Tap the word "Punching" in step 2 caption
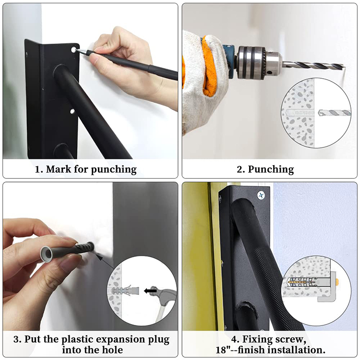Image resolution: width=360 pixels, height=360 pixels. coord(271,169)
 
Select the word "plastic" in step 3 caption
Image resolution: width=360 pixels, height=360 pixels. coord(77,340)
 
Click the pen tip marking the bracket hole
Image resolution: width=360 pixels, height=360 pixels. coord(77,50)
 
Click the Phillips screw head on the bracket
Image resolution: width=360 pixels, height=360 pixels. coord(261,195)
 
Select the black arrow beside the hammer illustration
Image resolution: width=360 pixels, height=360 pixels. coord(150,291)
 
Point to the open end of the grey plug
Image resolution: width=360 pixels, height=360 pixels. coord(48,254)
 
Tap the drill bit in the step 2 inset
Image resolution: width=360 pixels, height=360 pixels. coord(334,112)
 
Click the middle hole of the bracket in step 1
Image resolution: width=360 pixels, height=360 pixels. coord(72,112)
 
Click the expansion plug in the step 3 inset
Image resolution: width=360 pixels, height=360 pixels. coord(125,291)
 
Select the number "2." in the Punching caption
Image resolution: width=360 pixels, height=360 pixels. coord(241,169)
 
